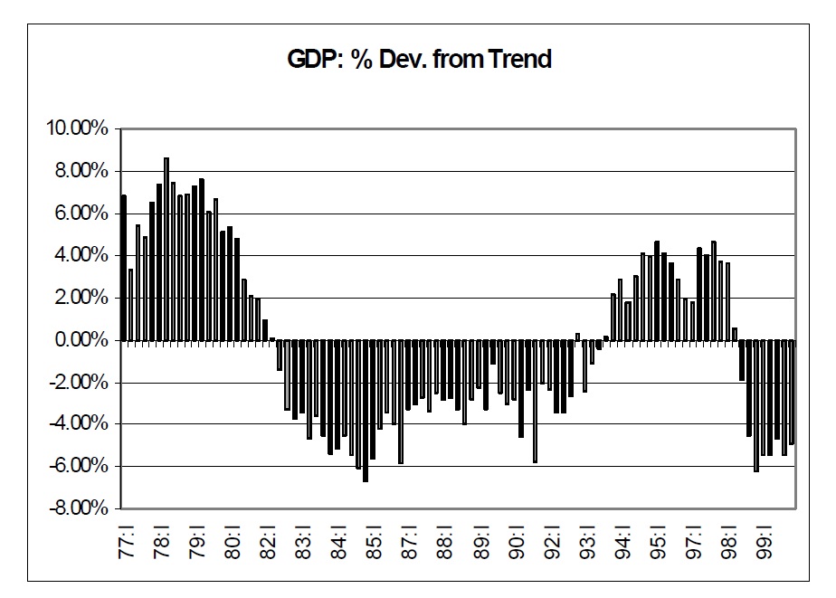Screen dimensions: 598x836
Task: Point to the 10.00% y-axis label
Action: (77, 129)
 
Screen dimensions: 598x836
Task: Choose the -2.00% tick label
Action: (79, 382)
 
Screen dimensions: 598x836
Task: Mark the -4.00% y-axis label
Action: (79, 424)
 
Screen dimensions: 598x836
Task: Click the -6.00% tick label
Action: (79, 466)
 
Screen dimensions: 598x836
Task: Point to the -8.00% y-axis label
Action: (79, 508)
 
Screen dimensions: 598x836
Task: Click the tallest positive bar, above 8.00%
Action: (166, 249)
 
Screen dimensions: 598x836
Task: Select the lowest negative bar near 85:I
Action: (366, 411)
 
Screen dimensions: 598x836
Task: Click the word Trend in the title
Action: (519, 61)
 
